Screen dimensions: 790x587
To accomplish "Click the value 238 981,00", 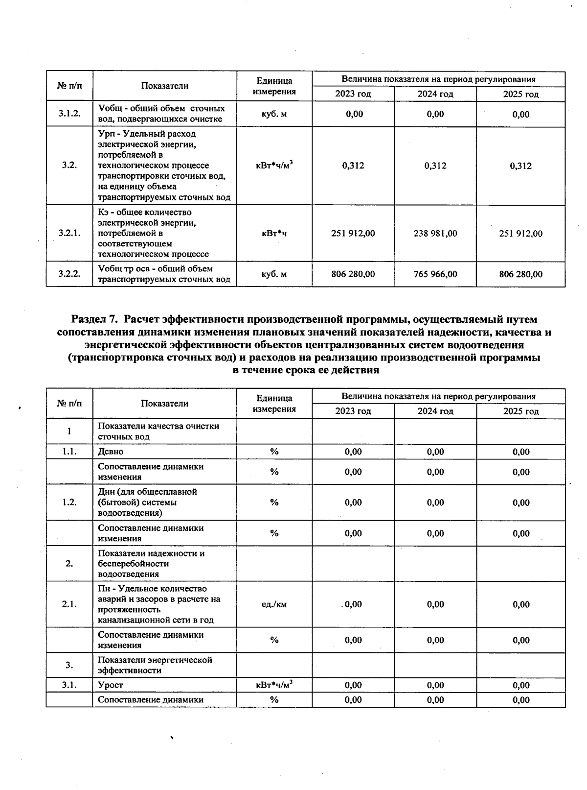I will coord(435,234).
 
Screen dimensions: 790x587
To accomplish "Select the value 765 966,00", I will coord(435,274).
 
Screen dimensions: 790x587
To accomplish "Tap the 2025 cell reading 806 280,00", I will coord(520,274).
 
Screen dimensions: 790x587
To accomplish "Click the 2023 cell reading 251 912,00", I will coord(353,234).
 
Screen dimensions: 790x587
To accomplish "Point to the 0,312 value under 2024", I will coord(435,166).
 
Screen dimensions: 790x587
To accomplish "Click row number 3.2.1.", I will coord(69,234).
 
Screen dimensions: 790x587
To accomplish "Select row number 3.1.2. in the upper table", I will coord(69,114).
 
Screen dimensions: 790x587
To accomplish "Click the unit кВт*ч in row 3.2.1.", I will coord(274,234).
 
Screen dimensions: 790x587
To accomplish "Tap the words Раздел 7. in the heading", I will coord(95,320).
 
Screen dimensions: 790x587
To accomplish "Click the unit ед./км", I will coord(274,604).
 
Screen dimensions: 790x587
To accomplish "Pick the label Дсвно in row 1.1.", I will coord(111,452).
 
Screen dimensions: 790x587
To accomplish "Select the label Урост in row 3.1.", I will coord(111,685).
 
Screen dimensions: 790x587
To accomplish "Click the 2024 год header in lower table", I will coord(435,411).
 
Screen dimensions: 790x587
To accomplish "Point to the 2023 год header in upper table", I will coord(353,94).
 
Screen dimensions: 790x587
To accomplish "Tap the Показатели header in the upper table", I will coord(165,86).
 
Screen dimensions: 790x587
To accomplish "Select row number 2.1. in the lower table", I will coord(69,604).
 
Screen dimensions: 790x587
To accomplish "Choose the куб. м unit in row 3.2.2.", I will coord(274,274).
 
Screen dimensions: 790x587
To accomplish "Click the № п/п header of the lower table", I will coord(69,404).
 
